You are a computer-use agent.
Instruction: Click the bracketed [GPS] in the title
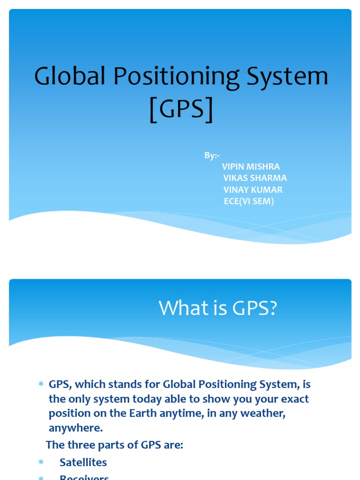[x=181, y=109]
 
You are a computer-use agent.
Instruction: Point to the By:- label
[x=211, y=155]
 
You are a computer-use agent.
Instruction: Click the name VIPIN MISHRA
[x=250, y=166]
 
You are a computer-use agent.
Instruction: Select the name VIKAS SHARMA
[x=255, y=178]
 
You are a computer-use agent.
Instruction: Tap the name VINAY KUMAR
[x=253, y=190]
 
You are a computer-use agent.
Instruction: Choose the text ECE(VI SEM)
[x=248, y=202]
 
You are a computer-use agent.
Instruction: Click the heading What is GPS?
[x=218, y=308]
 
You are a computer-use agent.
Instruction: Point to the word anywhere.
[x=75, y=428]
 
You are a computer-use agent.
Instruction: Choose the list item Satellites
[x=83, y=462]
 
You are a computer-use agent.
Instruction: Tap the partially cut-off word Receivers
[x=84, y=477]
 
